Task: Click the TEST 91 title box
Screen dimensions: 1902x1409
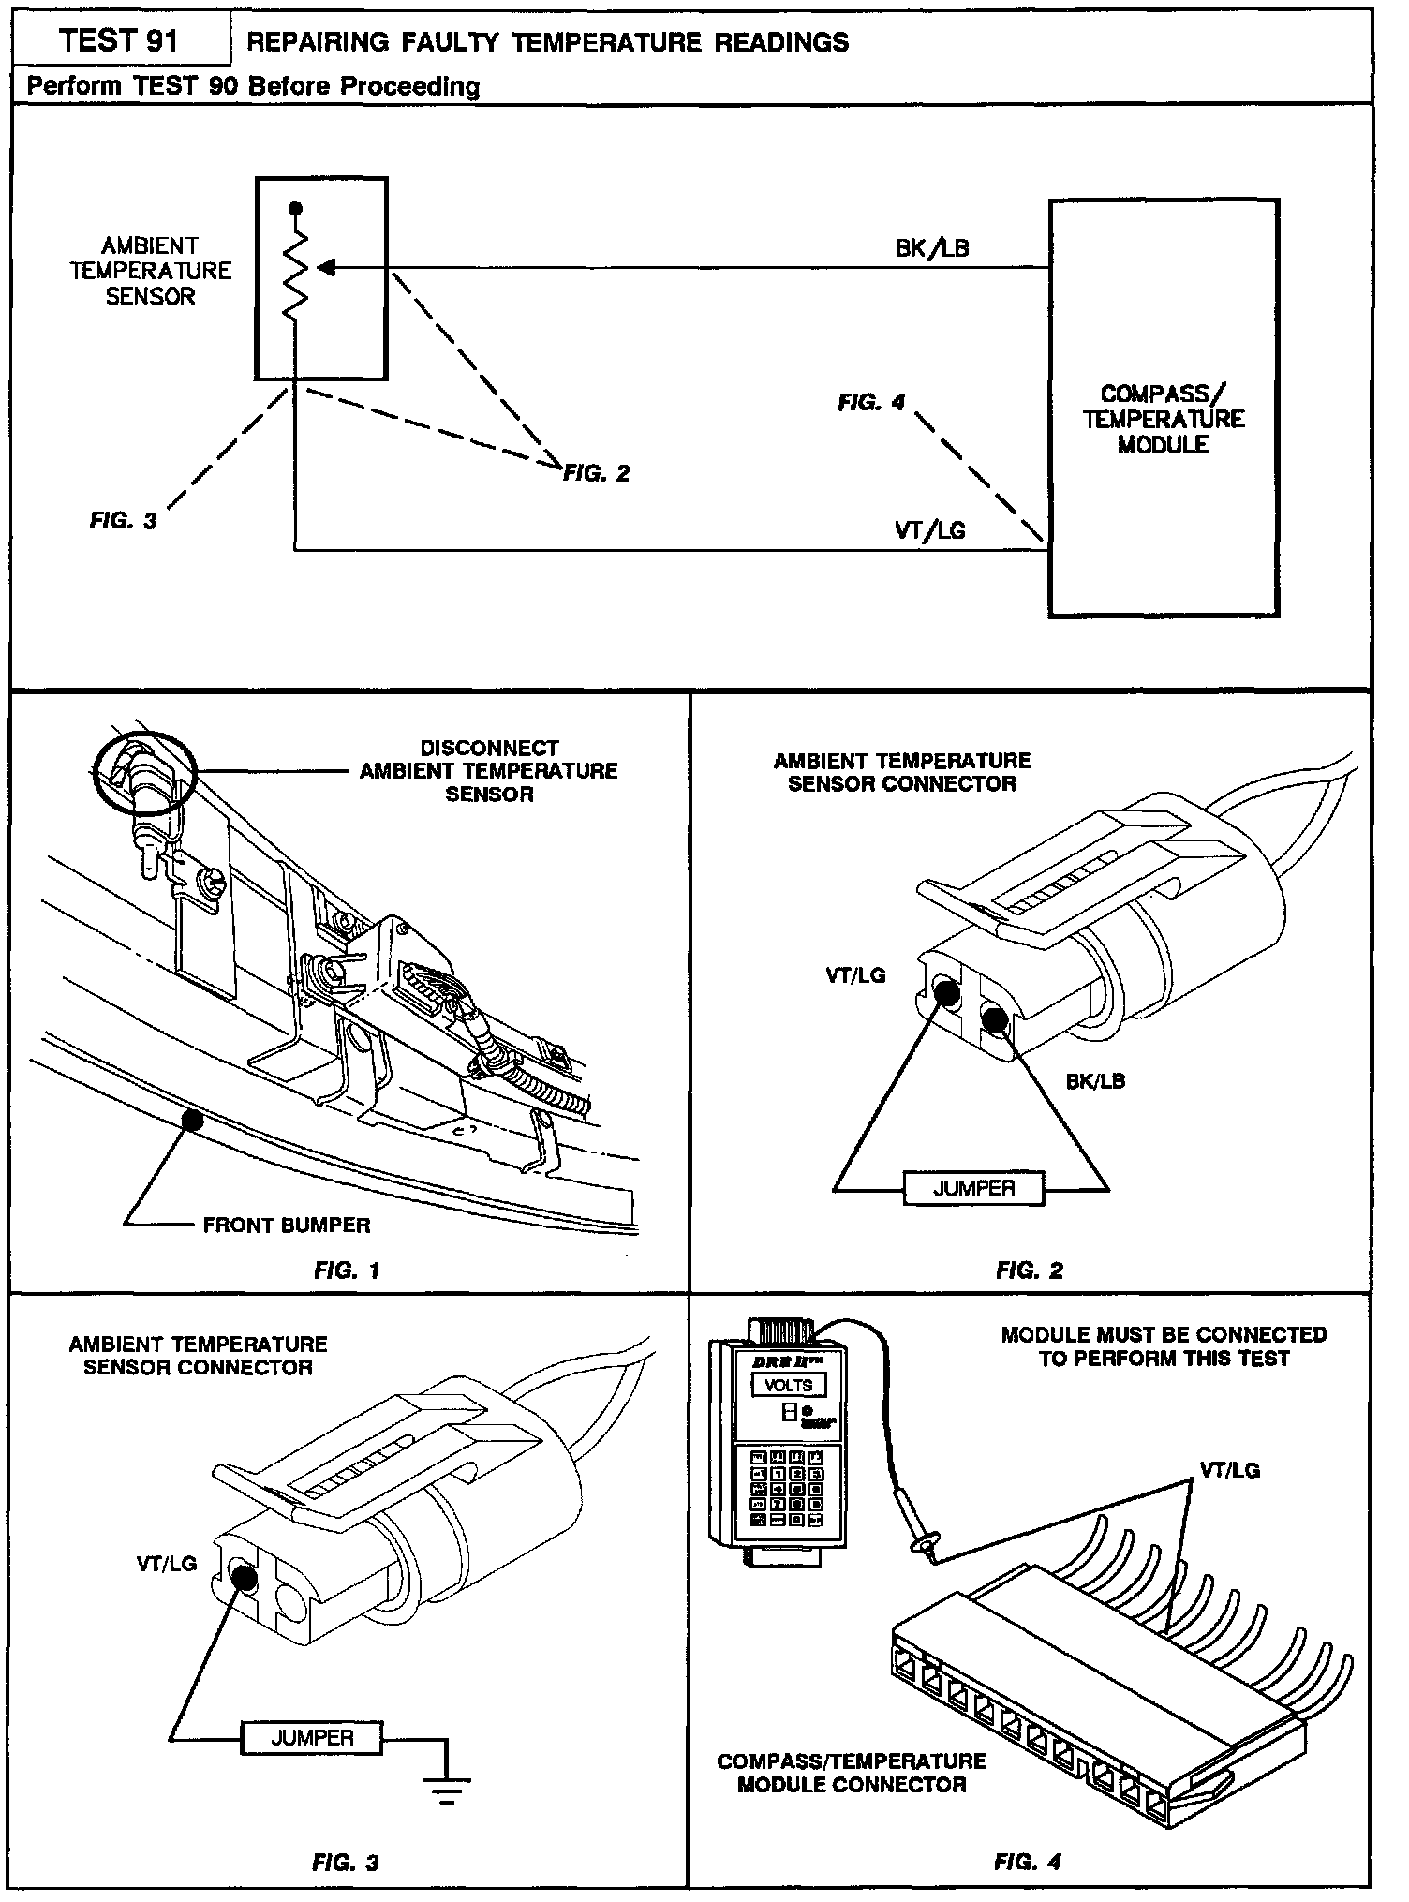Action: (x=119, y=41)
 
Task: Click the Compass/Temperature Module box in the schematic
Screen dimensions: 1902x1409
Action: (x=1164, y=408)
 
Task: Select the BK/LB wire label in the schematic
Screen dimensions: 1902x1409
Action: (x=932, y=248)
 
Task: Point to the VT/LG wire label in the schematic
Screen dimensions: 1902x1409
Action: (x=930, y=530)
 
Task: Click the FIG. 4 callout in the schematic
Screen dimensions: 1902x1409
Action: (x=871, y=403)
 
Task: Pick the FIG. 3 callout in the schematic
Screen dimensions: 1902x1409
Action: (x=124, y=521)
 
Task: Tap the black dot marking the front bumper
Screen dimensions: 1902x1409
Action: (x=192, y=1118)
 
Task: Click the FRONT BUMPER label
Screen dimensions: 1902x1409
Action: (x=287, y=1225)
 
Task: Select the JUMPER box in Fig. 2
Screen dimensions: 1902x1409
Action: (x=974, y=1189)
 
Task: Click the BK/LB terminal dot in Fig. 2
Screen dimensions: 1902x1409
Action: (x=995, y=1018)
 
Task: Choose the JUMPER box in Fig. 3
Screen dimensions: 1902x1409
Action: (x=312, y=1738)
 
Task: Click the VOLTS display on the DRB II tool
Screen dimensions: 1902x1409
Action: (x=788, y=1386)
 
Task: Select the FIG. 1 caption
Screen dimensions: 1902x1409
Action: (x=347, y=1270)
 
